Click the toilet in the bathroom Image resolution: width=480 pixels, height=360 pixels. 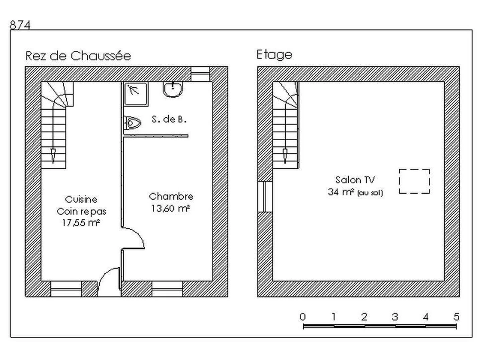(x=132, y=123)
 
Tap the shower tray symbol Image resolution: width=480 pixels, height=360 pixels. (x=136, y=94)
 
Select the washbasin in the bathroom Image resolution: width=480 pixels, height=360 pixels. (x=173, y=89)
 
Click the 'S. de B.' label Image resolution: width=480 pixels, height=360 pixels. (x=169, y=119)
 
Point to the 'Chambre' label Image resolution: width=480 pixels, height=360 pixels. (x=171, y=196)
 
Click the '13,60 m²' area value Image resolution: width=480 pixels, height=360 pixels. (x=170, y=208)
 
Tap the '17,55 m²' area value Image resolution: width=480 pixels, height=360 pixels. (x=81, y=223)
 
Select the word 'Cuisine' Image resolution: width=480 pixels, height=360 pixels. (x=81, y=199)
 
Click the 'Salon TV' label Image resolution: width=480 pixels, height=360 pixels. (x=355, y=180)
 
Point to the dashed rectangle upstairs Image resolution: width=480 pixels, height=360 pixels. (x=414, y=181)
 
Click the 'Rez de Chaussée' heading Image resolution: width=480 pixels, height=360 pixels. (x=78, y=56)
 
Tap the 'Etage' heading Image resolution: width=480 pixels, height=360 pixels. (x=274, y=54)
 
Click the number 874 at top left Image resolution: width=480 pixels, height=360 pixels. (x=20, y=25)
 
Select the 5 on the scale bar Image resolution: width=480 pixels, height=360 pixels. (x=456, y=317)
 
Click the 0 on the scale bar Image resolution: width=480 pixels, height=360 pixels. (x=303, y=317)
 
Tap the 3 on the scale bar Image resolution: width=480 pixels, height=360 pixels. (x=395, y=317)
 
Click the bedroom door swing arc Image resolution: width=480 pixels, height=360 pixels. (x=133, y=238)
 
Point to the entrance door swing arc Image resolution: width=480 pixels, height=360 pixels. (x=109, y=279)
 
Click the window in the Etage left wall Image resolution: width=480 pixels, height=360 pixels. (x=265, y=196)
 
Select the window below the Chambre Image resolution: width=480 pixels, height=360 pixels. (x=167, y=289)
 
